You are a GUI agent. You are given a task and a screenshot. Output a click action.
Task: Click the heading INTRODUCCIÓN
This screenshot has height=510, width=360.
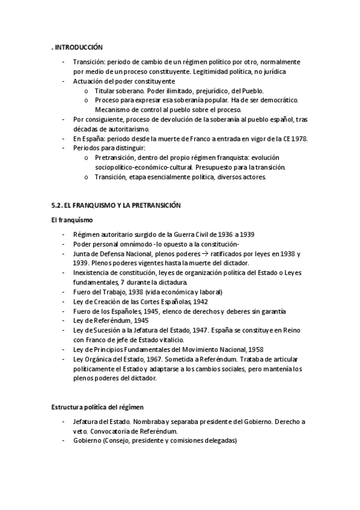pos(78,47)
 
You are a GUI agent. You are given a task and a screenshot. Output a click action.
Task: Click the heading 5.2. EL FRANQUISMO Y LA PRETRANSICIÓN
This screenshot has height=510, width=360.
pos(116,205)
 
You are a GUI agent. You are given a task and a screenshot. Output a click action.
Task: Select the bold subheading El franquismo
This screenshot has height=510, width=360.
pos(71,221)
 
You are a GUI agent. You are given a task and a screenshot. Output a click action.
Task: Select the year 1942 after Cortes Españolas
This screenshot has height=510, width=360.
pos(200,301)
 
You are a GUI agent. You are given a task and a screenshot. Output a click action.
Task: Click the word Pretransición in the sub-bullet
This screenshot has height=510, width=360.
pos(116,157)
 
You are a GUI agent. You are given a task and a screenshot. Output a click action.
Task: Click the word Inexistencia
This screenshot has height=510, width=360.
pos(92,272)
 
